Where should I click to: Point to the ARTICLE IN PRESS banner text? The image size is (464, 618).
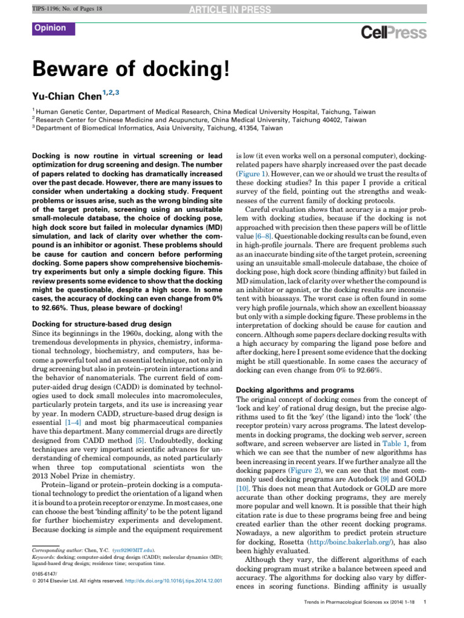click(x=232, y=7)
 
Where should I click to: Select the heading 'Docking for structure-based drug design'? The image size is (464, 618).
click(x=101, y=324)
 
